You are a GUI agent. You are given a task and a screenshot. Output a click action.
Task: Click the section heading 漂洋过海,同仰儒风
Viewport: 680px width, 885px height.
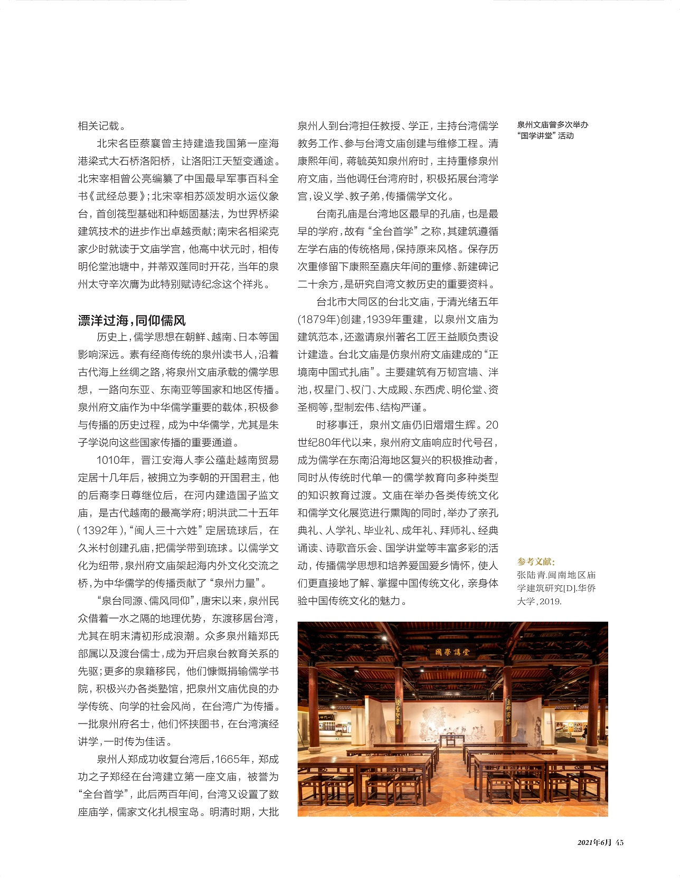(x=131, y=320)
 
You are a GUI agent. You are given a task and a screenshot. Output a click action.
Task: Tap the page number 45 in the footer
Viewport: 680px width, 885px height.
(x=619, y=842)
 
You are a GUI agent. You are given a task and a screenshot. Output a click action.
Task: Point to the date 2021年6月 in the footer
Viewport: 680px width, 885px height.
(x=594, y=842)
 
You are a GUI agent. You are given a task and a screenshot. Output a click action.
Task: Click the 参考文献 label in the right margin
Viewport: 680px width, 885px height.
(x=536, y=562)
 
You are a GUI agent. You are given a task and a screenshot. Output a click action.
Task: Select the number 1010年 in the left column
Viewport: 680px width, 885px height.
(x=112, y=460)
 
